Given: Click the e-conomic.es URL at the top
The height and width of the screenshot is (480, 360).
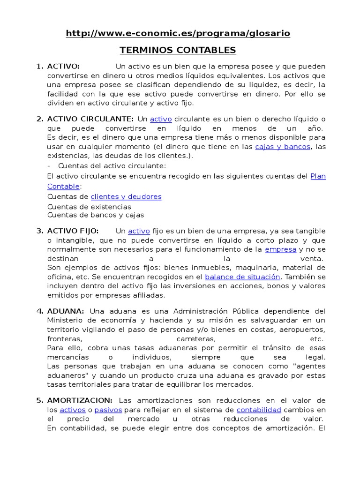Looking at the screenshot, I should (x=178, y=33).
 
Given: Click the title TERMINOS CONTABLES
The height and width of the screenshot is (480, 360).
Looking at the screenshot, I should (x=178, y=50).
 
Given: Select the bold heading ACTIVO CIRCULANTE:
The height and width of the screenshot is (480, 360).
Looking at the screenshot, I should (x=90, y=119).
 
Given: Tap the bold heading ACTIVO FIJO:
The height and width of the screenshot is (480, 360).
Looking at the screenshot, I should (x=73, y=231).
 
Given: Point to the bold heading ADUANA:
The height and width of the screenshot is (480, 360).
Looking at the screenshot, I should (x=66, y=311).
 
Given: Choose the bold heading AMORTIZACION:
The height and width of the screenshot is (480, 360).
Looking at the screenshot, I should (x=80, y=400).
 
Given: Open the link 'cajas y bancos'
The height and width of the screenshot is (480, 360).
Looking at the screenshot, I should (x=283, y=147).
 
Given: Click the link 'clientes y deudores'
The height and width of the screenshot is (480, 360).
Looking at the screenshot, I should (x=126, y=197).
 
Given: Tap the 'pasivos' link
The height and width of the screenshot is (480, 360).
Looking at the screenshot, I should (x=108, y=410).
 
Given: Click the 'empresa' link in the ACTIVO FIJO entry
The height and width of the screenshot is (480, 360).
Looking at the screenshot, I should (x=280, y=249).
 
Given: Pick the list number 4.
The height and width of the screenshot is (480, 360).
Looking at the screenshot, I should (x=39, y=311).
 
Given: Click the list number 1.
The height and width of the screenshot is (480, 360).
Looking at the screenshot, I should (x=39, y=66).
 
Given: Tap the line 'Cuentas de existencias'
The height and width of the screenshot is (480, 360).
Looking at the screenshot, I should (x=89, y=207).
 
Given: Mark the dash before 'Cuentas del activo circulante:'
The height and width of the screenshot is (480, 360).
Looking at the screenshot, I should (x=49, y=165).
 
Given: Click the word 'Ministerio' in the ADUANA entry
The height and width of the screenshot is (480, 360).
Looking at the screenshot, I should (x=66, y=321).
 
